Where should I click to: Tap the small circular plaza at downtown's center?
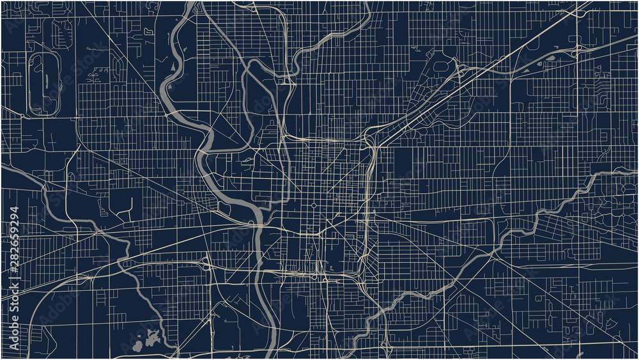pyautogui.click(x=314, y=205)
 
